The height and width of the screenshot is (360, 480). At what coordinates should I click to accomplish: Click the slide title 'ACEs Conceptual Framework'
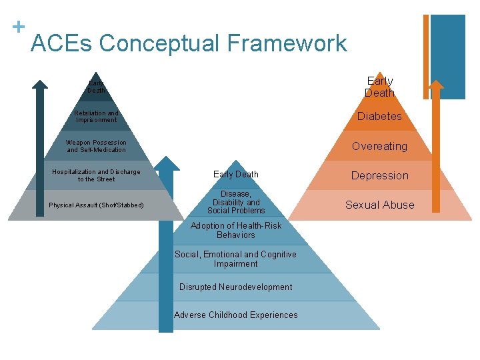coord(189,44)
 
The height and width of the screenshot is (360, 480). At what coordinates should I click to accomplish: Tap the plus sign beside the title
coord(19,27)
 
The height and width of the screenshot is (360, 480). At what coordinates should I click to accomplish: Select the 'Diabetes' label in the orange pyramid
coord(379,116)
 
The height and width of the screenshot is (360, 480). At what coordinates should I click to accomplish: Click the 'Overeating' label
coord(379,146)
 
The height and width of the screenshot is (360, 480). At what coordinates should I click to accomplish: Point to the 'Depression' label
coord(379,175)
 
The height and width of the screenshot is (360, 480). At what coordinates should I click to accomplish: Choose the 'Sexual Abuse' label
coord(379,205)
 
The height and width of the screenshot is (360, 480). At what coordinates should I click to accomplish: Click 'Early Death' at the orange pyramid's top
coord(379,87)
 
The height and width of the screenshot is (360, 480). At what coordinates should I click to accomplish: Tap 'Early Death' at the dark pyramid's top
coord(96,87)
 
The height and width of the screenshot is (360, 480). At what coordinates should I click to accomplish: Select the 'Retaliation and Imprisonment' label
coord(96,117)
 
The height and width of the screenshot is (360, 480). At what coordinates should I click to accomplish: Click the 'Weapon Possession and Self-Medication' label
coord(96,146)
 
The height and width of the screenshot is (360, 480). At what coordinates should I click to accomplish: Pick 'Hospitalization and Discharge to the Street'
coord(96,175)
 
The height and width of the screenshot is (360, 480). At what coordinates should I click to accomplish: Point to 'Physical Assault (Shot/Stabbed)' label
coord(96,205)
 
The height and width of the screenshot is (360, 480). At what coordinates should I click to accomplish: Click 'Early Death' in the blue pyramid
coord(236,175)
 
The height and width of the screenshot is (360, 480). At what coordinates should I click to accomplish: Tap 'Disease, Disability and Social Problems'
coord(236,202)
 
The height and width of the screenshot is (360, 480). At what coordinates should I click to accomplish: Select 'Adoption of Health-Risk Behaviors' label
coord(236,230)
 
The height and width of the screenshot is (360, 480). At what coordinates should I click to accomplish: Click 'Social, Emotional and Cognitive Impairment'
coord(235,259)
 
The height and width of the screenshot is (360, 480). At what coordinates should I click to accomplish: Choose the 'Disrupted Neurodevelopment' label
coord(235,287)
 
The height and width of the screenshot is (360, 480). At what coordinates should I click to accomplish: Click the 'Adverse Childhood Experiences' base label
coord(235,315)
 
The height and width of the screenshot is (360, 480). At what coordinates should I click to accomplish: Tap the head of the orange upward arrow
coord(435,85)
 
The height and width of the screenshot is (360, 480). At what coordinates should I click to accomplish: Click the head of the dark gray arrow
coord(40,85)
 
